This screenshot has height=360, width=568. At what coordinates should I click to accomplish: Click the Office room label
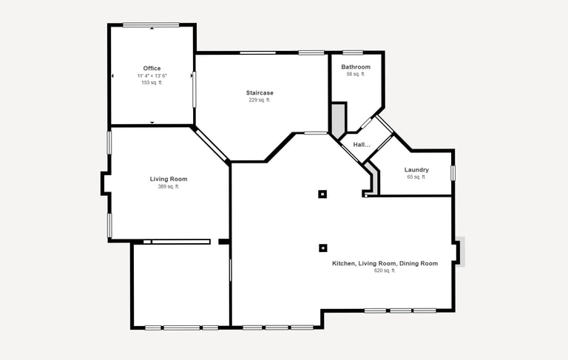pyautogui.click(x=152, y=69)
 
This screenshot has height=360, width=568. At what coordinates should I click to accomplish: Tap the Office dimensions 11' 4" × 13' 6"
pyautogui.click(x=152, y=75)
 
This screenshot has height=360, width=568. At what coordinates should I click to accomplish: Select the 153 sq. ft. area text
pyautogui.click(x=152, y=83)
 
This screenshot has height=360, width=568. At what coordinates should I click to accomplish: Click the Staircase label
pyautogui.click(x=260, y=92)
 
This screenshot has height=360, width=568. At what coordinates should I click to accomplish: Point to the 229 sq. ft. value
pyautogui.click(x=260, y=100)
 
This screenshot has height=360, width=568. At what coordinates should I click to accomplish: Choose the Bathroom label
pyautogui.click(x=356, y=67)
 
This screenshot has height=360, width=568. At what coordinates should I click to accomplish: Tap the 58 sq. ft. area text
pyautogui.click(x=356, y=74)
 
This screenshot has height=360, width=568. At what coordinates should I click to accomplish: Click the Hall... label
pyautogui.click(x=362, y=145)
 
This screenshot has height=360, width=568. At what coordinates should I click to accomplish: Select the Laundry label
pyautogui.click(x=416, y=170)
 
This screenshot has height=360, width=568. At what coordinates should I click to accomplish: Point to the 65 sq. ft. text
pyautogui.click(x=416, y=177)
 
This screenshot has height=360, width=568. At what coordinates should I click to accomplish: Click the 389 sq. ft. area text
pyautogui.click(x=169, y=186)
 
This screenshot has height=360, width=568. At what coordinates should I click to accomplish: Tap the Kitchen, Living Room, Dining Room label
pyautogui.click(x=385, y=263)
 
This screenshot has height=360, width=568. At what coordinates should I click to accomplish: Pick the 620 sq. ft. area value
pyautogui.click(x=385, y=271)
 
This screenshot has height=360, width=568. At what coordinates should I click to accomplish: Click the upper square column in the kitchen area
pyautogui.click(x=322, y=194)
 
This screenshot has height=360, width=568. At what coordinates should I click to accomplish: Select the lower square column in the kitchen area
pyautogui.click(x=322, y=248)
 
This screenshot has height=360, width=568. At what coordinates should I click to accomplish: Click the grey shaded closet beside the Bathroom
pyautogui.click(x=338, y=120)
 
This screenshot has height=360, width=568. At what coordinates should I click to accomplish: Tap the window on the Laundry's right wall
pyautogui.click(x=453, y=173)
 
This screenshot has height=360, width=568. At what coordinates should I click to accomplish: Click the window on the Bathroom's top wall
pyautogui.click(x=353, y=53)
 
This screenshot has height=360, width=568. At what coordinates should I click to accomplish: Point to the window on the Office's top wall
pyautogui.click(x=151, y=24)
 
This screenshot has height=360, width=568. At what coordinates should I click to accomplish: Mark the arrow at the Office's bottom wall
pyautogui.click(x=152, y=123)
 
